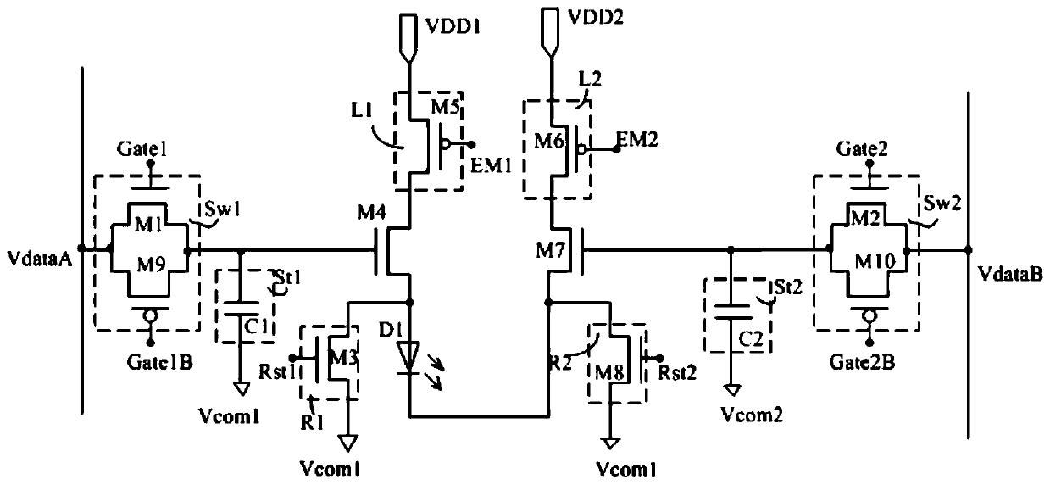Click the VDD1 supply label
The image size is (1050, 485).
[x=453, y=26]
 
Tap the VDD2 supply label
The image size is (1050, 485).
[x=596, y=17]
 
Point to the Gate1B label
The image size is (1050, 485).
[x=159, y=362]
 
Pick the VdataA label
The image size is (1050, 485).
[x=40, y=259]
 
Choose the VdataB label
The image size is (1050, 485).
[x=1010, y=273]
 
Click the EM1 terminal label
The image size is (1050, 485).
[x=491, y=165]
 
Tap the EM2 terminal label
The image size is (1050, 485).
[x=637, y=139]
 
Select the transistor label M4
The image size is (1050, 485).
[x=372, y=213]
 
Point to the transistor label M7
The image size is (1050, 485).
[x=550, y=252]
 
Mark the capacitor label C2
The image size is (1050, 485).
[x=751, y=338]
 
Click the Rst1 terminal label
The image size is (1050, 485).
[x=277, y=372]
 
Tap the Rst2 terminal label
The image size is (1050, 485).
[x=677, y=373]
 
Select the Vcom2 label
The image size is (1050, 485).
[x=752, y=415]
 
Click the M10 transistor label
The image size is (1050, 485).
[x=875, y=260]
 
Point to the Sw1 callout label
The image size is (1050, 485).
[x=223, y=209]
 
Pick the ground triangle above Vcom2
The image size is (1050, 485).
[x=731, y=390]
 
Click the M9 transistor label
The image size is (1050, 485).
[x=151, y=265]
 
